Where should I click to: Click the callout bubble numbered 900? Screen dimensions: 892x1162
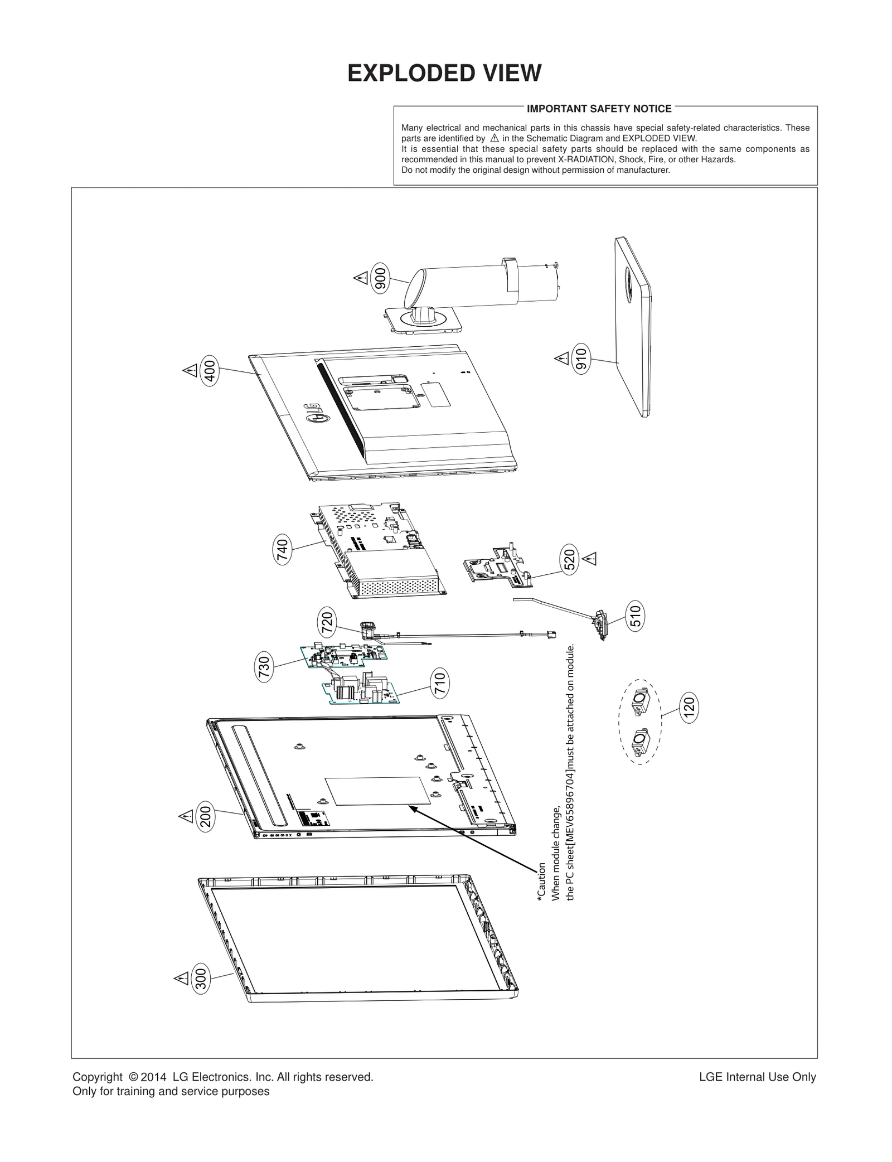[381, 277]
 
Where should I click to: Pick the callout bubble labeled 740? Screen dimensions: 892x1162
[283, 550]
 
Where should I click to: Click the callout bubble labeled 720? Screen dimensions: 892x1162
[327, 623]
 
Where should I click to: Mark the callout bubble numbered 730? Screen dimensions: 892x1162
[264, 667]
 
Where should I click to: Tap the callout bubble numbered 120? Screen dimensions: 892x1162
[690, 708]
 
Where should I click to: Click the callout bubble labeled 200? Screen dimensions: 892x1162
[206, 817]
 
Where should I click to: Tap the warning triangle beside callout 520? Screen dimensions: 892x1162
[590, 558]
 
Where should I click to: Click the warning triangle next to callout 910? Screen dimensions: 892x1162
[561, 357]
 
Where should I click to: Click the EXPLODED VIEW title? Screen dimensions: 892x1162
[444, 74]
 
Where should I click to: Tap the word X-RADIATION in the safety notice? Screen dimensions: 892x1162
[586, 159]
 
